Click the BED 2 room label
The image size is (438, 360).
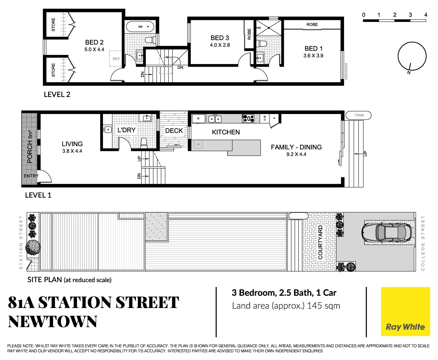point(94,42)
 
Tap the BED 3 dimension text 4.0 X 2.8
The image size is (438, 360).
point(220,45)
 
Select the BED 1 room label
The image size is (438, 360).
point(313,49)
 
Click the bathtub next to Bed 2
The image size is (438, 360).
point(141,26)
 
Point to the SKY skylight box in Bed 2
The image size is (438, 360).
point(116,59)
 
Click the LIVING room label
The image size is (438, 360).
point(72,144)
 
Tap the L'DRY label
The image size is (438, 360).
point(127,130)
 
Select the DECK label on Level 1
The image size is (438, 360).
point(174,131)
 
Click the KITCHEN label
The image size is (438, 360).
point(226,132)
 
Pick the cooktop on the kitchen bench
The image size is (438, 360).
point(248,118)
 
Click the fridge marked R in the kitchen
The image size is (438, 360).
point(198,118)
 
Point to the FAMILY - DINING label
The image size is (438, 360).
point(296,147)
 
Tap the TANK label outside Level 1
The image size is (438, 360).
point(359,115)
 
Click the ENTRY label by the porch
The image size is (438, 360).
point(31,176)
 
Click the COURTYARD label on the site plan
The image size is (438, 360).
point(320,242)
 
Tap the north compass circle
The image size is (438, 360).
point(412,56)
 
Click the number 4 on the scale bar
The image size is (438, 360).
point(426,15)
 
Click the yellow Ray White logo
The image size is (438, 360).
point(405,312)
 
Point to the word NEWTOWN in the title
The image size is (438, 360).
point(53,322)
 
